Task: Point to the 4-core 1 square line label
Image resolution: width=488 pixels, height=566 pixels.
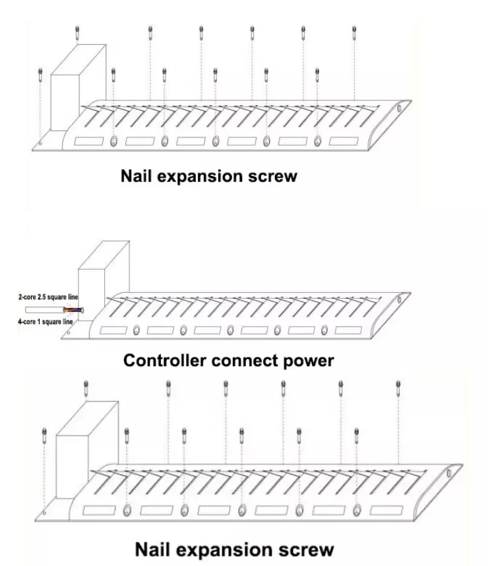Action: [45, 321]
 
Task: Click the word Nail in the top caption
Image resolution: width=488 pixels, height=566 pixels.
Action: [137, 176]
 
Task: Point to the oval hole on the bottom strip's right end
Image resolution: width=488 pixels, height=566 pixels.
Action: [450, 473]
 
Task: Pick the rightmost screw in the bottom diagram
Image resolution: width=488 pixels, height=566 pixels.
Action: [398, 386]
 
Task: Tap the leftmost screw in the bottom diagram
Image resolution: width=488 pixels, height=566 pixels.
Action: [44, 436]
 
